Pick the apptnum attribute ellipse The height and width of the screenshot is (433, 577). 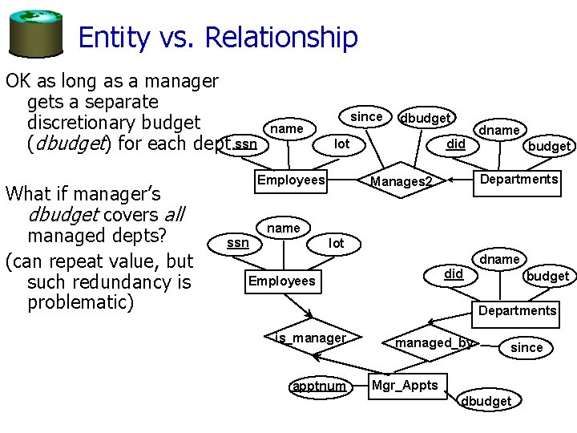click(x=319, y=386)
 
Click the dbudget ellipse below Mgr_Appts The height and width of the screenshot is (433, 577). click(x=487, y=400)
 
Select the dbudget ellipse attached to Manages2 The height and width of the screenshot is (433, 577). click(x=425, y=118)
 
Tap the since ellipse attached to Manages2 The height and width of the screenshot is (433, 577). click(x=366, y=116)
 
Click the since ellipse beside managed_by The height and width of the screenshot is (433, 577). click(x=526, y=347)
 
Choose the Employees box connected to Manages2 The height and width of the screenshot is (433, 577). click(x=291, y=180)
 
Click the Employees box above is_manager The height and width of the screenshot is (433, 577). click(x=281, y=281)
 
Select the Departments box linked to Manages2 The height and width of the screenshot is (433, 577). click(x=518, y=179)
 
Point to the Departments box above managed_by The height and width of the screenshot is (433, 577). click(x=517, y=310)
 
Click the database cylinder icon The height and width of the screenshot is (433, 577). click(x=35, y=30)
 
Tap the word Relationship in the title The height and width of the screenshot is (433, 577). click(x=281, y=37)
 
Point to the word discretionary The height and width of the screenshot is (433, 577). click(x=113, y=122)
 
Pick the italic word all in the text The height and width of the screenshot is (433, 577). click(x=172, y=214)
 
